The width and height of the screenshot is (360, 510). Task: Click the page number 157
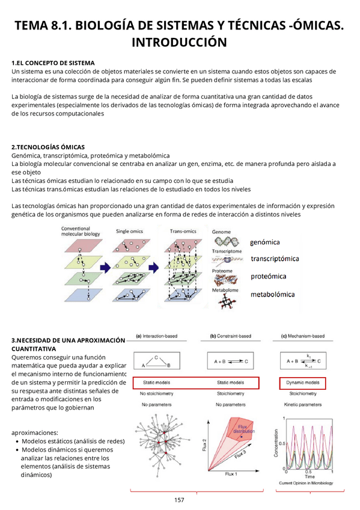coord(179,500)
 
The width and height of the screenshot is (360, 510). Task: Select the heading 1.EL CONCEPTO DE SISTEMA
coord(53,63)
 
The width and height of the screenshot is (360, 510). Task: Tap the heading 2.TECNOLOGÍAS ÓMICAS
coord(48,147)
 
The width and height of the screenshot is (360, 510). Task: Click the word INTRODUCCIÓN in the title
coord(179,42)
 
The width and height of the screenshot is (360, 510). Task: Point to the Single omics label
coord(130,231)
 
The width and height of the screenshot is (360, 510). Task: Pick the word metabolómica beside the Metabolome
coord(272,295)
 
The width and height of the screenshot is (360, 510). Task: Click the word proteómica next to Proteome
coord(268,277)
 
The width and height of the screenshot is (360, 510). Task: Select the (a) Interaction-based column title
coord(159,336)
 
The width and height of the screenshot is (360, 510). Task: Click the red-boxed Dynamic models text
coord(303,382)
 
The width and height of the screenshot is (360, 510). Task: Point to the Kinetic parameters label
coord(303,405)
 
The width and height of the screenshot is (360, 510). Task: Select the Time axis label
coord(309,476)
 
